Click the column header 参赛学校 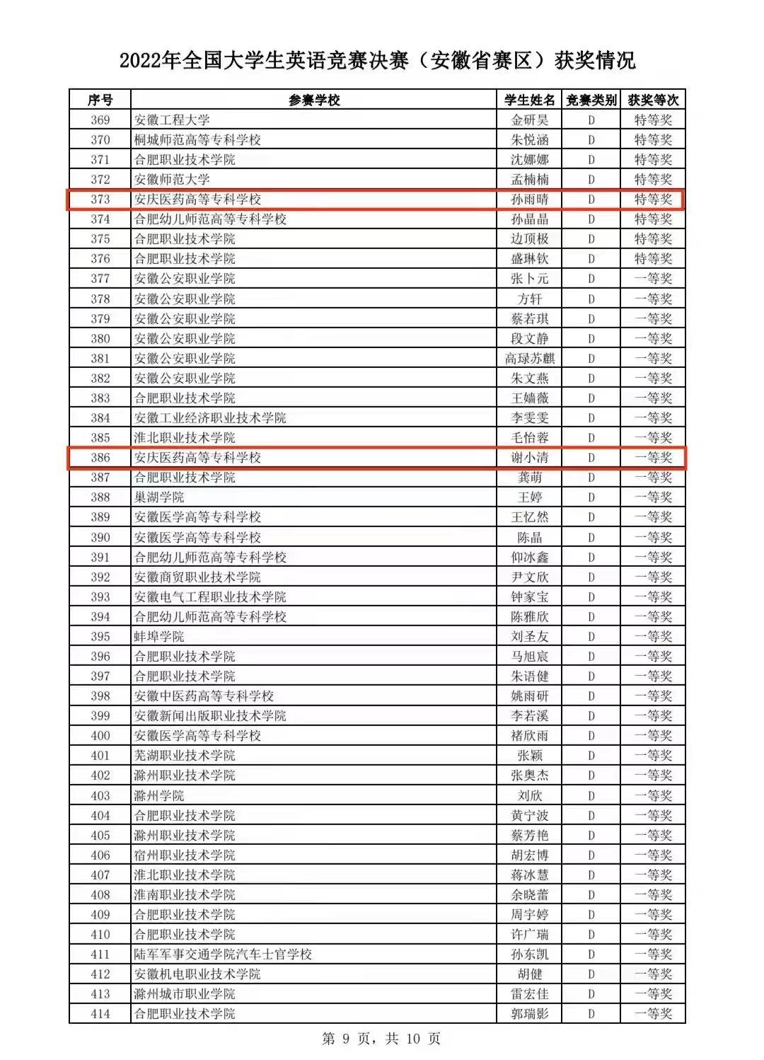coord(314,100)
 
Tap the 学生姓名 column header coord(529,100)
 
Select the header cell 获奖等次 coord(653,100)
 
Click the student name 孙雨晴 coord(529,200)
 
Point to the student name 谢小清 coord(529,458)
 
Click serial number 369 coord(100,120)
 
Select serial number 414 coord(100,1014)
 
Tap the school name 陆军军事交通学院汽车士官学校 coord(223,955)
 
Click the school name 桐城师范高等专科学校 coord(197,139)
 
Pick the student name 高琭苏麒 coord(529,359)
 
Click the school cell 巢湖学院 coord(159,497)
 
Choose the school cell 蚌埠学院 coord(159,636)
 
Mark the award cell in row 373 coord(653,200)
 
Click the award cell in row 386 coord(653,458)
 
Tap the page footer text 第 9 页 coord(347,1039)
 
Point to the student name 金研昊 coord(529,120)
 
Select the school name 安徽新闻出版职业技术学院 coord(210,716)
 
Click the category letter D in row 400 coord(591,736)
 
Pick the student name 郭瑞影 coord(529,1014)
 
